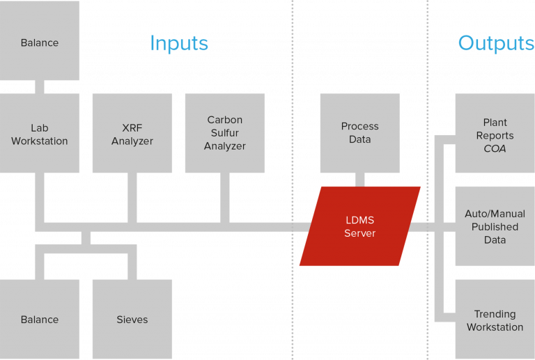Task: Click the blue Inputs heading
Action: click(179, 44)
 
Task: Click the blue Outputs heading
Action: click(495, 44)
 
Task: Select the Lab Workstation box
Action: click(40, 134)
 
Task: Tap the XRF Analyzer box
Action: click(132, 134)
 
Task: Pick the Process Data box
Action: click(359, 132)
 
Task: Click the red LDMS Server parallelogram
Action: click(359, 226)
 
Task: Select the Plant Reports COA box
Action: click(495, 135)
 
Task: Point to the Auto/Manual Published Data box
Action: click(495, 226)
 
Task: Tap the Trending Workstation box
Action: click(495, 320)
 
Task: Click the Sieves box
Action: click(132, 320)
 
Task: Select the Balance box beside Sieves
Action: click(40, 320)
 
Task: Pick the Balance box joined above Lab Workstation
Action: click(40, 42)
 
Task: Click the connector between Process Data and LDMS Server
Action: click(359, 180)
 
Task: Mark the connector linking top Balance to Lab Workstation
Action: click(40, 86)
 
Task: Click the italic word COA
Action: click(495, 148)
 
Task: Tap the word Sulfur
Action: click(224, 133)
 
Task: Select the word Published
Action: click(495, 227)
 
